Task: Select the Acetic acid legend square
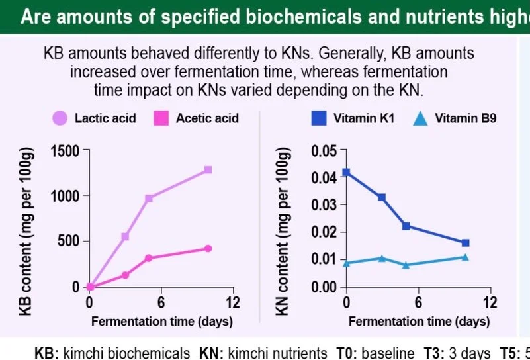pos(161,119)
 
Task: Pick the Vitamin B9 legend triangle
pos(420,119)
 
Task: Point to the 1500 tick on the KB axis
pos(67,151)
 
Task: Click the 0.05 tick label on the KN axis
pos(324,151)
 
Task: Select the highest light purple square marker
pos(208,170)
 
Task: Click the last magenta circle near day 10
pos(208,249)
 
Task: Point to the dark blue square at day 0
pos(346,173)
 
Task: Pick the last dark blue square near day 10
pos(465,243)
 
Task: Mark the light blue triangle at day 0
pos(346,263)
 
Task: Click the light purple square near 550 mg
pos(125,236)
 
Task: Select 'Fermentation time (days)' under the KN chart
pos(419,322)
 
